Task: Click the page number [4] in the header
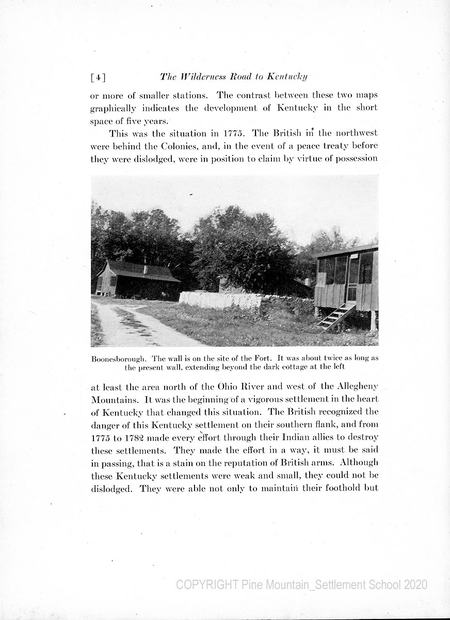tap(98, 78)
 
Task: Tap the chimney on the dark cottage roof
tap(146, 269)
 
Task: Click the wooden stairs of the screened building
tap(335, 316)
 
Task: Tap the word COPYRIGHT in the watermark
tap(207, 584)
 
